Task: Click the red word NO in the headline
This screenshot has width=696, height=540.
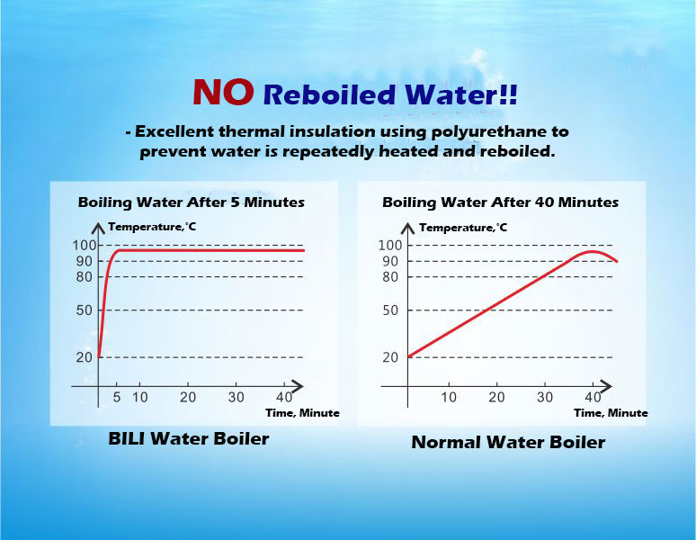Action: [x=223, y=92]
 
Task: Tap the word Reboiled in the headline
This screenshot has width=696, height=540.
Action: [x=329, y=94]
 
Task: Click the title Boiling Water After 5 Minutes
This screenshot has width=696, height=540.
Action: [x=192, y=202]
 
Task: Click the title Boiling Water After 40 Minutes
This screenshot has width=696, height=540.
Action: [x=500, y=202]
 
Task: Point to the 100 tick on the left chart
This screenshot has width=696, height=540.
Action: [x=85, y=245]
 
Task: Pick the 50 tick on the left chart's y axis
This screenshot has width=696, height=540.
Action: [x=85, y=310]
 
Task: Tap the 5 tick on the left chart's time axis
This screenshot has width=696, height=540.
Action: [x=117, y=397]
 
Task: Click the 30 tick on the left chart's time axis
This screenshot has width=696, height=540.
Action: [x=236, y=397]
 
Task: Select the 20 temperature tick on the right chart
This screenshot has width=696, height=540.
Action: [x=390, y=357]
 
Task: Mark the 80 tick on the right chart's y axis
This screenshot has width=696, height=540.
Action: [x=390, y=277]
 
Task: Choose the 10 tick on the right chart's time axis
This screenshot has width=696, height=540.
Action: [x=449, y=397]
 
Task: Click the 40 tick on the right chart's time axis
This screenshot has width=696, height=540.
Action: [x=593, y=397]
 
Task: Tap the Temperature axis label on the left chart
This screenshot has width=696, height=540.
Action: [x=152, y=227]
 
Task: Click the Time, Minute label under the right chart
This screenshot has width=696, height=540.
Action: [x=611, y=413]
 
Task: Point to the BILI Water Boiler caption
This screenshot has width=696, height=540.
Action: [x=189, y=439]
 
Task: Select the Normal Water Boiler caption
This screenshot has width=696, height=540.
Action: [x=508, y=442]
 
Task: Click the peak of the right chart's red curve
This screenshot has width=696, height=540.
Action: [x=592, y=251]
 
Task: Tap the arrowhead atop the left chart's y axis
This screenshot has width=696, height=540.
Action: [x=98, y=228]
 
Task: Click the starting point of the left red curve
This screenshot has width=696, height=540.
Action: [x=99, y=356]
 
